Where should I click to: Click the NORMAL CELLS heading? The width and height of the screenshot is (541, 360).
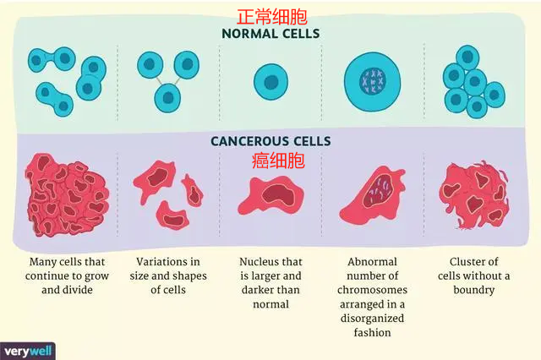click(270, 34)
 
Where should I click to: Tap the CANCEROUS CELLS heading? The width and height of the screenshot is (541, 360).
click(270, 141)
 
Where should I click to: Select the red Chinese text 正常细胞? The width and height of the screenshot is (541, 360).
click(270, 15)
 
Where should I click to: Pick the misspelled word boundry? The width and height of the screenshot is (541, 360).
click(474, 290)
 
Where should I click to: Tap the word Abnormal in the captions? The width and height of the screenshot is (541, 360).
click(372, 262)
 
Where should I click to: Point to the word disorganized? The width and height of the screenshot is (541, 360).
click(372, 319)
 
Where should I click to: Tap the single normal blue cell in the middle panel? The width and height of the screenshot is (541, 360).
click(270, 81)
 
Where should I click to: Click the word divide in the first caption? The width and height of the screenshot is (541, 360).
click(83, 290)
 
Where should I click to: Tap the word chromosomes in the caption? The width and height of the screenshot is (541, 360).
click(372, 290)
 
